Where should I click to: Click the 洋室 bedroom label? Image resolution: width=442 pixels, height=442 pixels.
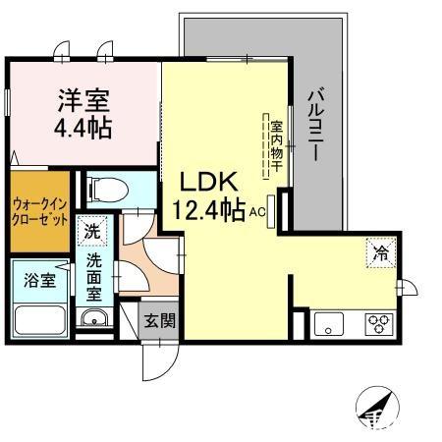pyautogui.click(x=83, y=100)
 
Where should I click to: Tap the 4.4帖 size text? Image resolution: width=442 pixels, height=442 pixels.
pyautogui.click(x=83, y=128)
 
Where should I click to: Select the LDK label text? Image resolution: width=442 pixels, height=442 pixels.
pyautogui.click(x=209, y=182)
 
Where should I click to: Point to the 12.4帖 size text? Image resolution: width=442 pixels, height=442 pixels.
pyautogui.click(x=208, y=210)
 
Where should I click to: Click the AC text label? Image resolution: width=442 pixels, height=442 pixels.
pyautogui.click(x=257, y=213)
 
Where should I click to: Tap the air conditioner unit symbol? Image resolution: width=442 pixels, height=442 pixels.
pyautogui.click(x=271, y=211)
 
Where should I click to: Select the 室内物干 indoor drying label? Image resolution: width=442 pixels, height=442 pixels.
pyautogui.click(x=277, y=146)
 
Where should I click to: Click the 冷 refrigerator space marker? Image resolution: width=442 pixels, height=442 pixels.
pyautogui.click(x=381, y=252)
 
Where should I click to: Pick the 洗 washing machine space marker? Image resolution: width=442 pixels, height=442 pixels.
pyautogui.click(x=92, y=231)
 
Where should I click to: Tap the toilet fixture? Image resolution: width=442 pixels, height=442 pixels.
pyautogui.click(x=107, y=190)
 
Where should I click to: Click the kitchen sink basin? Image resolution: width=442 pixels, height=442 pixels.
pyautogui.click(x=329, y=324)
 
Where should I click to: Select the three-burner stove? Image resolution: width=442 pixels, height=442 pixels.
pyautogui.click(x=379, y=324)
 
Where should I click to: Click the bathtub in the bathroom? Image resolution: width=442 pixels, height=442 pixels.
pyautogui.click(x=40, y=320)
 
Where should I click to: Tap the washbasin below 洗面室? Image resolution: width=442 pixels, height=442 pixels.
pyautogui.click(x=94, y=317)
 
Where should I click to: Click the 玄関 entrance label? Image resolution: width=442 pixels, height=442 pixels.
pyautogui.click(x=160, y=320)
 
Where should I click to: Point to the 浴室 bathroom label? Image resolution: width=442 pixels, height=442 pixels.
pyautogui.click(x=39, y=281)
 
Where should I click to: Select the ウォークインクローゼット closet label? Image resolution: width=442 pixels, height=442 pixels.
pyautogui.click(x=40, y=212)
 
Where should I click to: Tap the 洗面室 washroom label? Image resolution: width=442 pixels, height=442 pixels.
pyautogui.click(x=94, y=277)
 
